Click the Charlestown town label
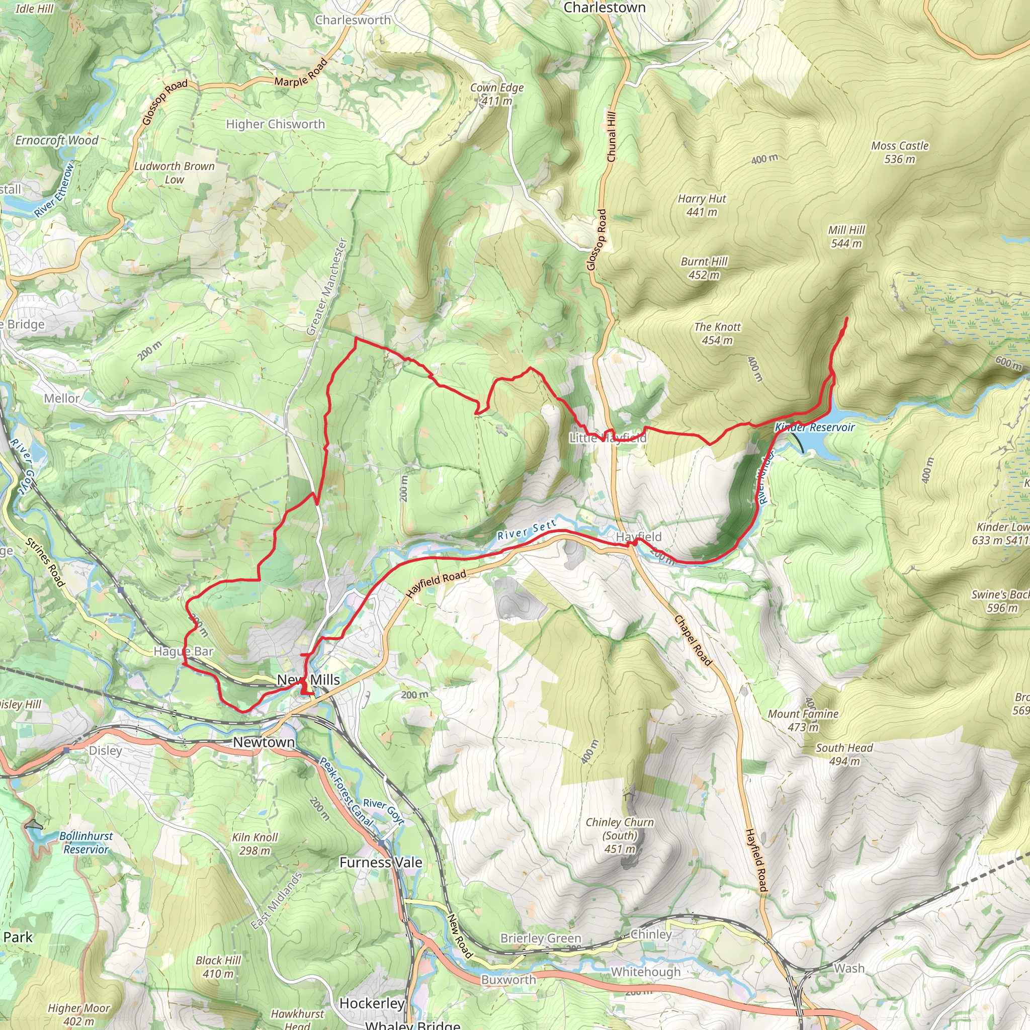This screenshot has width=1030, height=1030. coord(604,8)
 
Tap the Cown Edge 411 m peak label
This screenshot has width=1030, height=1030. coord(496,94)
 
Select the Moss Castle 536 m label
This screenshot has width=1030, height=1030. coord(899,152)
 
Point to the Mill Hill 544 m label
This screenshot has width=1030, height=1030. coord(846,236)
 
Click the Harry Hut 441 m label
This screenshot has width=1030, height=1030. coord(702,205)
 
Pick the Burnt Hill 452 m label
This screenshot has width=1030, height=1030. coord(704,268)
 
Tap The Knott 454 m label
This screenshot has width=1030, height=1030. coord(717,333)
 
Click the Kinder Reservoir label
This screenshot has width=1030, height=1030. coord(814,427)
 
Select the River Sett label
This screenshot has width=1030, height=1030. coord(526,531)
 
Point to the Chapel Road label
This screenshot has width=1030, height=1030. coord(693,640)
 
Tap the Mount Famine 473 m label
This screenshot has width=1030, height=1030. coord(803,720)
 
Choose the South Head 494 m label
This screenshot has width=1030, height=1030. coord(844,754)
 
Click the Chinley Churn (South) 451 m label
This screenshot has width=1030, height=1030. coord(620,835)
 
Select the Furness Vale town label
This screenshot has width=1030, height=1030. coord(381,862)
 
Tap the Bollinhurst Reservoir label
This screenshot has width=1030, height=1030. coord(86,842)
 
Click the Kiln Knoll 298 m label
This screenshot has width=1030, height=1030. coord(255,843)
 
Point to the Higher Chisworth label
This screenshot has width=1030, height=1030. coord(275,124)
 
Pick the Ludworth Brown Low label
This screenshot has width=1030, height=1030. coord(174,173)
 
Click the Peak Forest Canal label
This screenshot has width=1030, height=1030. coord(346,791)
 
